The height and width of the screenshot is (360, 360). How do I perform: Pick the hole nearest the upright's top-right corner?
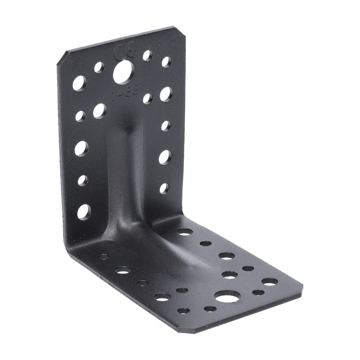(167, 61)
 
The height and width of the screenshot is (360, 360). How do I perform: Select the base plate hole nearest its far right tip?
(270, 281)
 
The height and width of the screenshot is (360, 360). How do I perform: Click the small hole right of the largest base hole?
(257, 292)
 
